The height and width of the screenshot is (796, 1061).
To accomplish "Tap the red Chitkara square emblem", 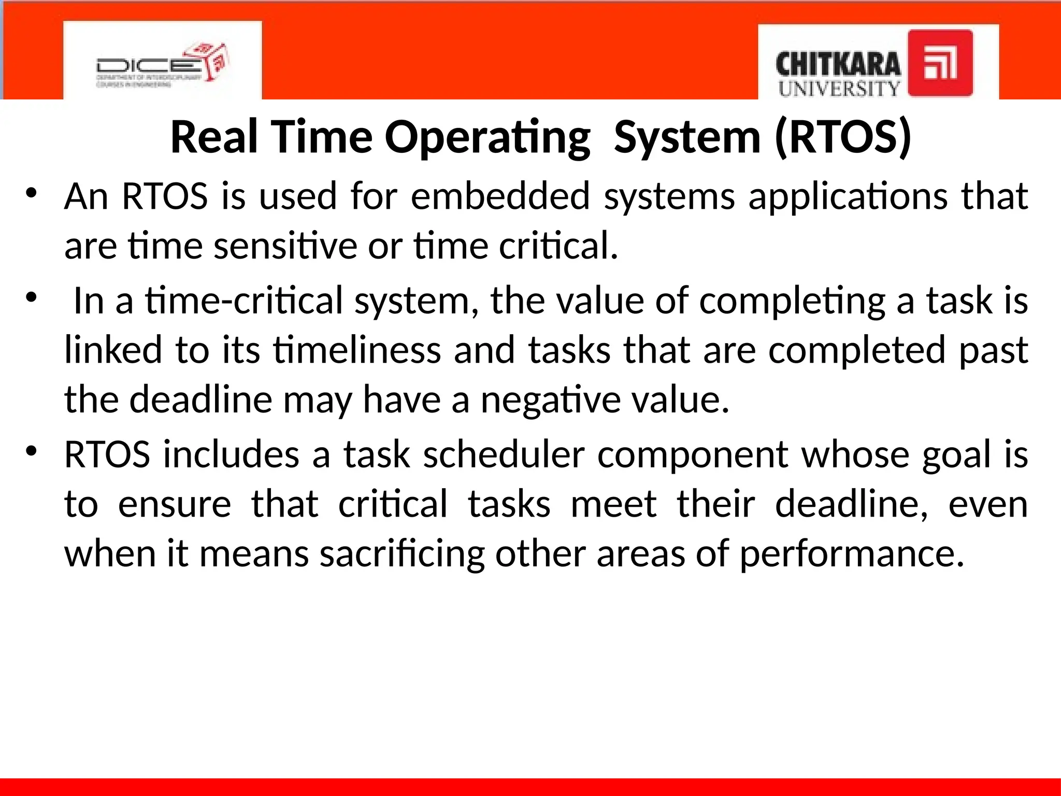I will click(940, 63).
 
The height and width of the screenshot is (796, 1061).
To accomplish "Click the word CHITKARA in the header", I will click(838, 65).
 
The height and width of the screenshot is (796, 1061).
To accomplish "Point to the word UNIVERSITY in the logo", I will click(839, 89).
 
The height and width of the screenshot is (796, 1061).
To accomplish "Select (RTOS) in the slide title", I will click(843, 137).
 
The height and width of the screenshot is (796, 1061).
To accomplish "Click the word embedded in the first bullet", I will click(500, 196).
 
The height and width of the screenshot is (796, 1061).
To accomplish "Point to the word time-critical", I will click(244, 301).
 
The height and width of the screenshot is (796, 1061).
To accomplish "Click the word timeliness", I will click(357, 350).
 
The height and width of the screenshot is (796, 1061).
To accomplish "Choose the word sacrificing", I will click(402, 554).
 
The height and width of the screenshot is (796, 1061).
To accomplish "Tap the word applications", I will click(848, 196).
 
